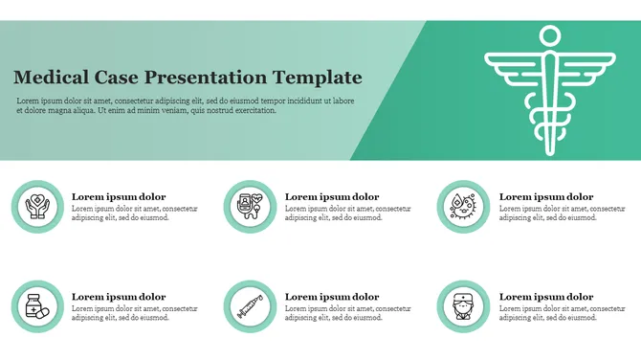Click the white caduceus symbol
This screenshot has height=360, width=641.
click(x=548, y=92)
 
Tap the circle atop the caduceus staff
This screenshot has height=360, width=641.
click(x=548, y=35)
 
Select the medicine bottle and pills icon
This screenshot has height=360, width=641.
click(x=36, y=307)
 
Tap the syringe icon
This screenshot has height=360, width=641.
click(x=251, y=307)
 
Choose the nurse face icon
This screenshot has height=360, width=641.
click(x=464, y=307)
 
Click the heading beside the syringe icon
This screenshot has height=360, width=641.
click(x=332, y=297)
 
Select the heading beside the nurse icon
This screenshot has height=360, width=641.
click(x=546, y=297)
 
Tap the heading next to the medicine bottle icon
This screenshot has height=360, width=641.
click(x=119, y=297)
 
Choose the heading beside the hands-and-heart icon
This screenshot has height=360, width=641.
click(x=119, y=196)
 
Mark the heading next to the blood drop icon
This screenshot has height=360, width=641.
click(x=546, y=196)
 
